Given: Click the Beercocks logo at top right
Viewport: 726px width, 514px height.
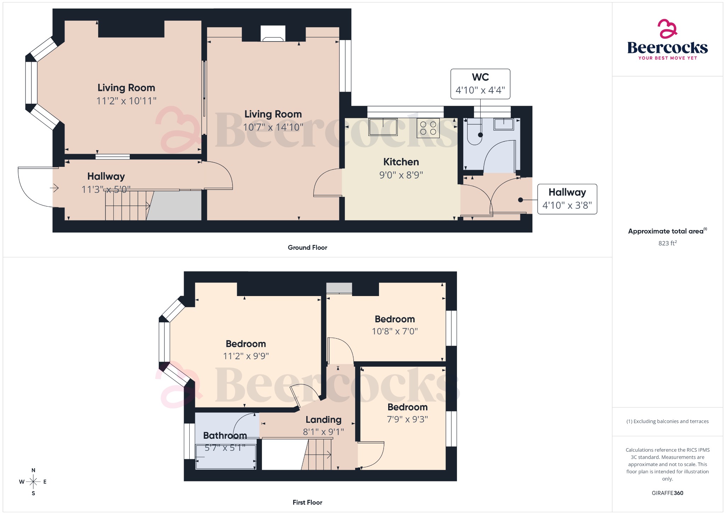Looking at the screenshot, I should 667,40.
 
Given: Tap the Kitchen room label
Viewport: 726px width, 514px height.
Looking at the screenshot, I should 401,162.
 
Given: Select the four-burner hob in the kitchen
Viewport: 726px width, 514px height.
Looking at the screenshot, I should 428,128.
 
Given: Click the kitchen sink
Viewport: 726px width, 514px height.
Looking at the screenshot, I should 383,127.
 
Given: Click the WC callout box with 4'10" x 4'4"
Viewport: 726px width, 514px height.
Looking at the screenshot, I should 480,84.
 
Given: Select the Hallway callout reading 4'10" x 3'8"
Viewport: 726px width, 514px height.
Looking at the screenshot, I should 567,199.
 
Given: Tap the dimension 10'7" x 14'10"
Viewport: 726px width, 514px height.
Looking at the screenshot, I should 273,127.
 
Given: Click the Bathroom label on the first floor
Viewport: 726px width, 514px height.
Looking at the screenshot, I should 225,435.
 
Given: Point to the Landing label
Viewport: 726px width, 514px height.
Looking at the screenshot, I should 323,420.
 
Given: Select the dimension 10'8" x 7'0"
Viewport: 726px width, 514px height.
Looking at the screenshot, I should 395,331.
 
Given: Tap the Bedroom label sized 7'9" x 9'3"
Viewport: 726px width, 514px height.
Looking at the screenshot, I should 407,407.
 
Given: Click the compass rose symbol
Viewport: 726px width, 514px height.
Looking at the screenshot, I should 33,482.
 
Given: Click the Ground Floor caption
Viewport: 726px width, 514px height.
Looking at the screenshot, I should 307,247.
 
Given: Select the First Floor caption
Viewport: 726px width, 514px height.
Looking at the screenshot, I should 307,502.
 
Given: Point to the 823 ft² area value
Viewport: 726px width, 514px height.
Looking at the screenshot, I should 667,243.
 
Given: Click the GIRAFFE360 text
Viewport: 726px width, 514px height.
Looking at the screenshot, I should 667,493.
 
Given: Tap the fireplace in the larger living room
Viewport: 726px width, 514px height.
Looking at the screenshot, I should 273,34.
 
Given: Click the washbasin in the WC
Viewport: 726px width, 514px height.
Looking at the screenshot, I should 503,124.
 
